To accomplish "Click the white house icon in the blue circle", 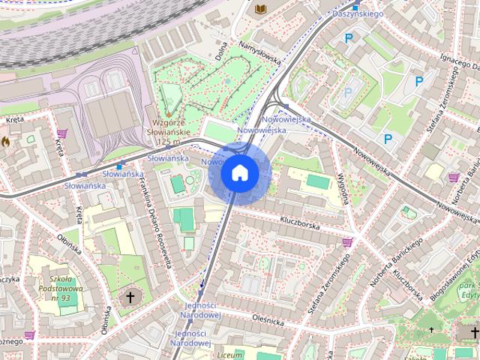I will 239,173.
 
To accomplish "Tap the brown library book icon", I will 261,9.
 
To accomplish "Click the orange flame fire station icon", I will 5,140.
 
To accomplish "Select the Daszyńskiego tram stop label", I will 358,13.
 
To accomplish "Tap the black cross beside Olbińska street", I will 129,298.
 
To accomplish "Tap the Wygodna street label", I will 345,187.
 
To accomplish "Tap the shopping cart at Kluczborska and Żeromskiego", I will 346,242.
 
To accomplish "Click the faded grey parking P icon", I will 347,93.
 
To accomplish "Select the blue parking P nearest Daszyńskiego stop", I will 347,37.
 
